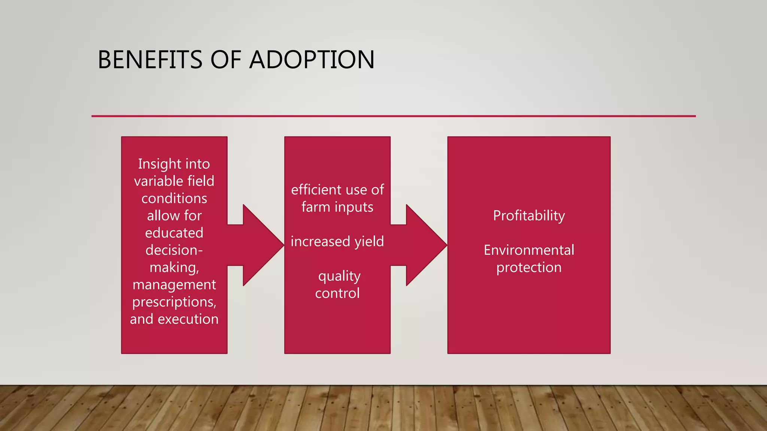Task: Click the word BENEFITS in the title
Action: point(150,60)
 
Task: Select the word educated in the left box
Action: point(174,233)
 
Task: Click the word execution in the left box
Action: point(188,319)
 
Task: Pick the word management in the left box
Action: point(174,285)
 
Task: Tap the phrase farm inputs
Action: point(337,207)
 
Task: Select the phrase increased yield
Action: point(337,242)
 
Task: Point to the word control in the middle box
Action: point(337,293)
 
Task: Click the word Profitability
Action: point(529,216)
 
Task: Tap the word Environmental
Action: point(529,250)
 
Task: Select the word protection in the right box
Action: point(529,268)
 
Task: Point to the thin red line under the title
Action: point(393,116)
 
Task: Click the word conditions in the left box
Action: point(174,199)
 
